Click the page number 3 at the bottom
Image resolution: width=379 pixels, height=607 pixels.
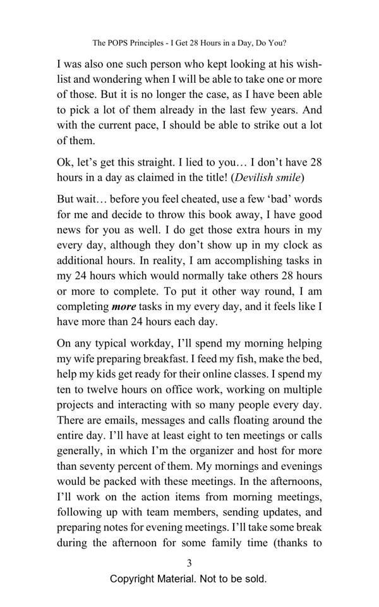[189, 563]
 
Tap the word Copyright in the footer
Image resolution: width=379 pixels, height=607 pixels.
[134, 579]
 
